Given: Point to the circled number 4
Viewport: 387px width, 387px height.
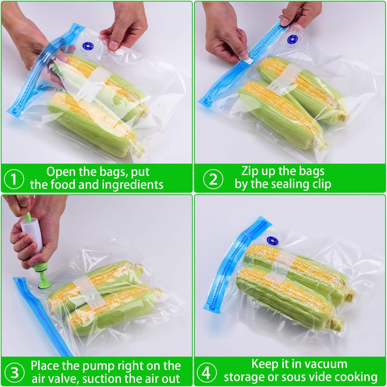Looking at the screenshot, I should [206, 373].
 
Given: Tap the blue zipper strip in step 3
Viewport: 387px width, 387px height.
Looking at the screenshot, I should [40, 316].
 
